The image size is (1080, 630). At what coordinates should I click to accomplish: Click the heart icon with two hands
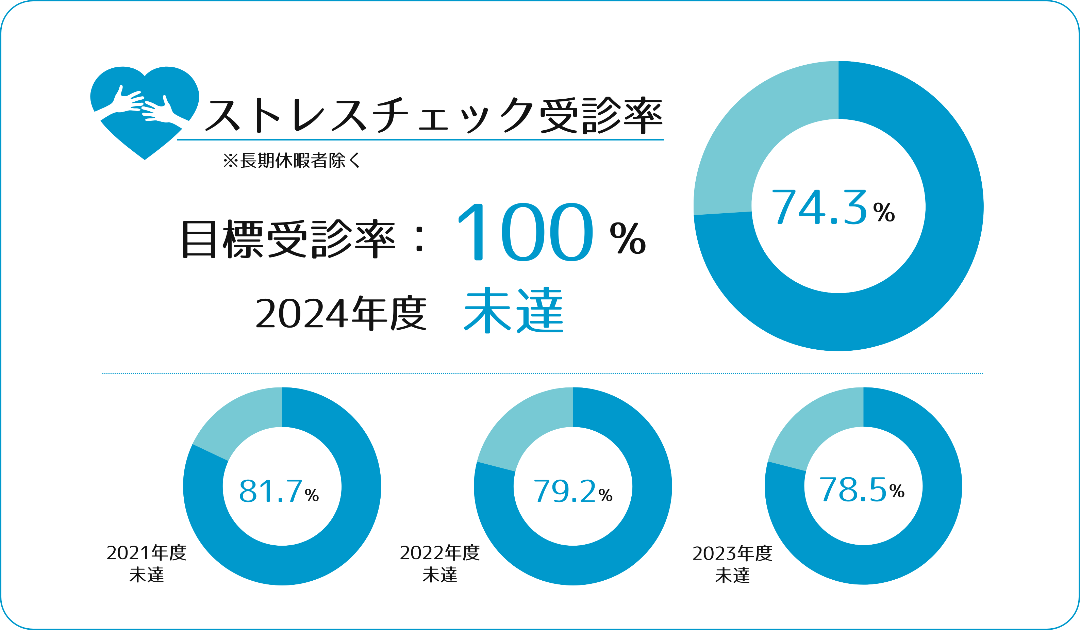pyautogui.click(x=145, y=112)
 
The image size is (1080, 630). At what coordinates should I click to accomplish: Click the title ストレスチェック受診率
pyautogui.click(x=433, y=115)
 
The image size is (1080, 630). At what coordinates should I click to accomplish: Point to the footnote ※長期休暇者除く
pyautogui.click(x=292, y=161)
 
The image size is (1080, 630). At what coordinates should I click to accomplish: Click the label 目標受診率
pyautogui.click(x=288, y=239)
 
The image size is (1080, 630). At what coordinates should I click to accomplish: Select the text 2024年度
pyautogui.click(x=341, y=313)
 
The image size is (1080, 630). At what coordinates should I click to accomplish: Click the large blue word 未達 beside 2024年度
pyautogui.click(x=513, y=310)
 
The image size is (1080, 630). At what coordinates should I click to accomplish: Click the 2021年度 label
pyautogui.click(x=147, y=553)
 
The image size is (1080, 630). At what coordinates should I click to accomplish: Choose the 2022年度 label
pyautogui.click(x=440, y=553)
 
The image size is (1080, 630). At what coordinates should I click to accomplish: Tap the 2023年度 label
pyautogui.click(x=732, y=553)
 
